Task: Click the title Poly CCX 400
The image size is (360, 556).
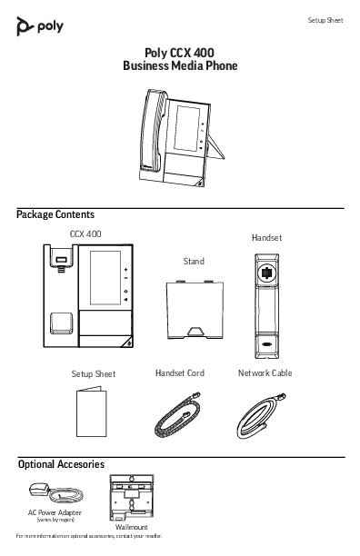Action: click(x=179, y=54)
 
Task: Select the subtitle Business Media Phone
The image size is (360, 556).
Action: click(x=179, y=66)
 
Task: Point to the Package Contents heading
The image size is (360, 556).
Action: click(x=55, y=215)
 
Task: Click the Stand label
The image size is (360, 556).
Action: click(x=194, y=262)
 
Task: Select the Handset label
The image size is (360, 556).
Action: click(x=266, y=237)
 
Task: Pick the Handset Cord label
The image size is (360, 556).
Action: click(x=180, y=373)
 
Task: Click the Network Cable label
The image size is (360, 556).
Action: click(x=265, y=373)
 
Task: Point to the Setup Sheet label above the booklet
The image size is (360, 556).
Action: click(x=94, y=374)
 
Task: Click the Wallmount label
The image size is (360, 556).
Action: click(x=132, y=527)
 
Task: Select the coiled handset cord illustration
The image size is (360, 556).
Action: click(x=180, y=416)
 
